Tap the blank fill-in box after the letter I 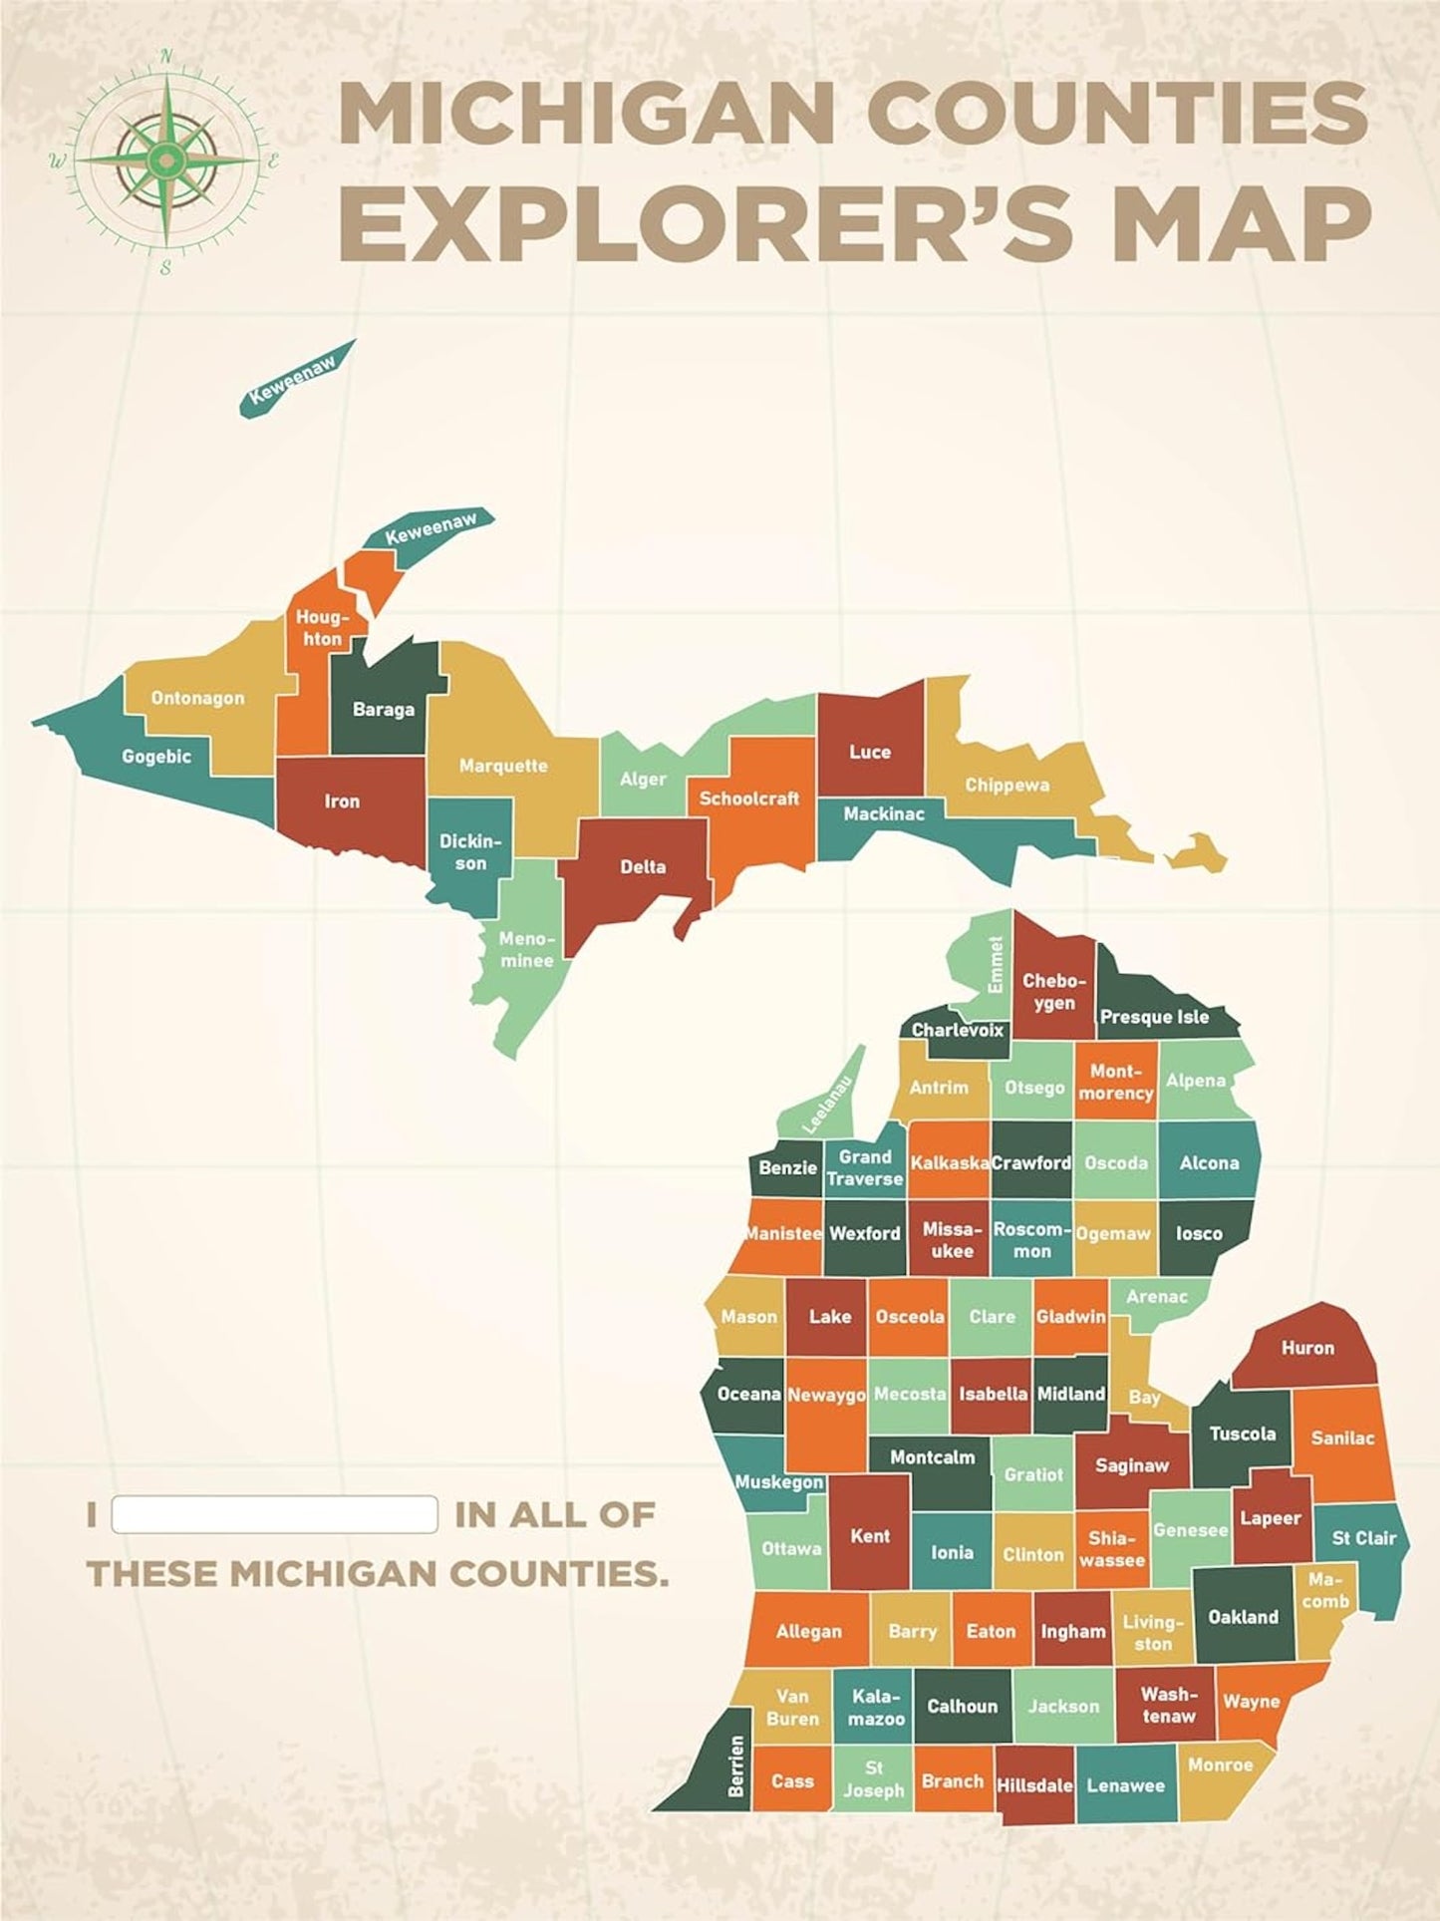point(275,1514)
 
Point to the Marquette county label point(503,766)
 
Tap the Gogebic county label point(156,757)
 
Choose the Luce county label point(870,752)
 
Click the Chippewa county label point(1007,785)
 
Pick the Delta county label point(643,866)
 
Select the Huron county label point(1307,1348)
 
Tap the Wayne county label point(1251,1702)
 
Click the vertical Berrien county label point(736,1766)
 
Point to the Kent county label point(870,1536)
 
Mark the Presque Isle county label point(1154,1017)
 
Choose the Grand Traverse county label point(864,1167)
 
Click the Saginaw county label point(1131,1465)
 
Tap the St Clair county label point(1364,1538)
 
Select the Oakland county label point(1243,1617)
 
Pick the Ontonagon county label point(197,698)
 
